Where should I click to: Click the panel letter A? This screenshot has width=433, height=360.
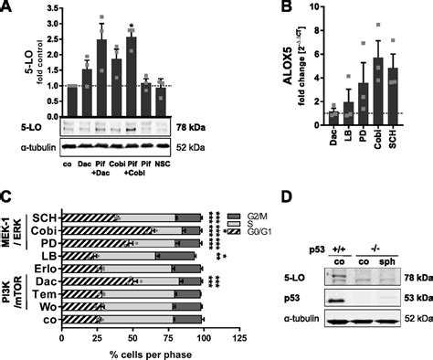8,8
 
